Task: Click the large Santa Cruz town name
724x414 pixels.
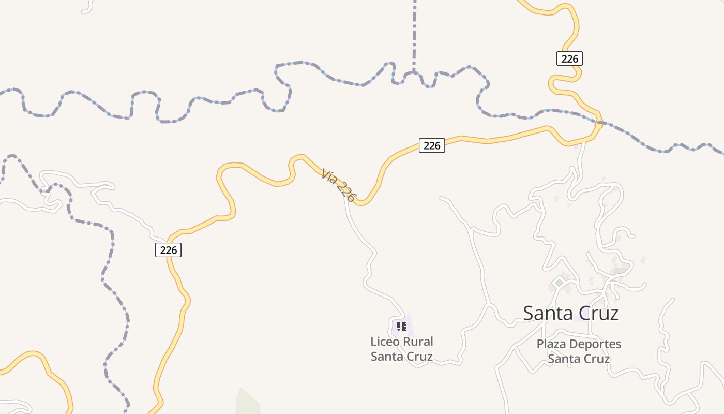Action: tap(570, 313)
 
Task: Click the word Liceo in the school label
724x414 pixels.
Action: tap(385, 342)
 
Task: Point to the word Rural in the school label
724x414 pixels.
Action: tap(418, 342)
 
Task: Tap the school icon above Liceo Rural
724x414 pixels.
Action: tap(402, 327)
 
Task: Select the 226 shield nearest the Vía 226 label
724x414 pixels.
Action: tap(431, 145)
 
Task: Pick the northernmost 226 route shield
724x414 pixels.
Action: tap(569, 58)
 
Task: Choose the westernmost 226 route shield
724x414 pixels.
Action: tap(168, 250)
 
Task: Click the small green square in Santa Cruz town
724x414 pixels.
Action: tap(559, 283)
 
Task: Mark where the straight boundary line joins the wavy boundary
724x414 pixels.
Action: tap(414, 72)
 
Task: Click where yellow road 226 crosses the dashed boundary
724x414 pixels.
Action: tap(598, 122)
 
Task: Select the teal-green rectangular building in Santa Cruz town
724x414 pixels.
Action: tap(619, 270)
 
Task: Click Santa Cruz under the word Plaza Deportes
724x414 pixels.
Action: tap(579, 359)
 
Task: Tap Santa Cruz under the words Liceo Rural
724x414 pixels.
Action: tap(401, 356)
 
